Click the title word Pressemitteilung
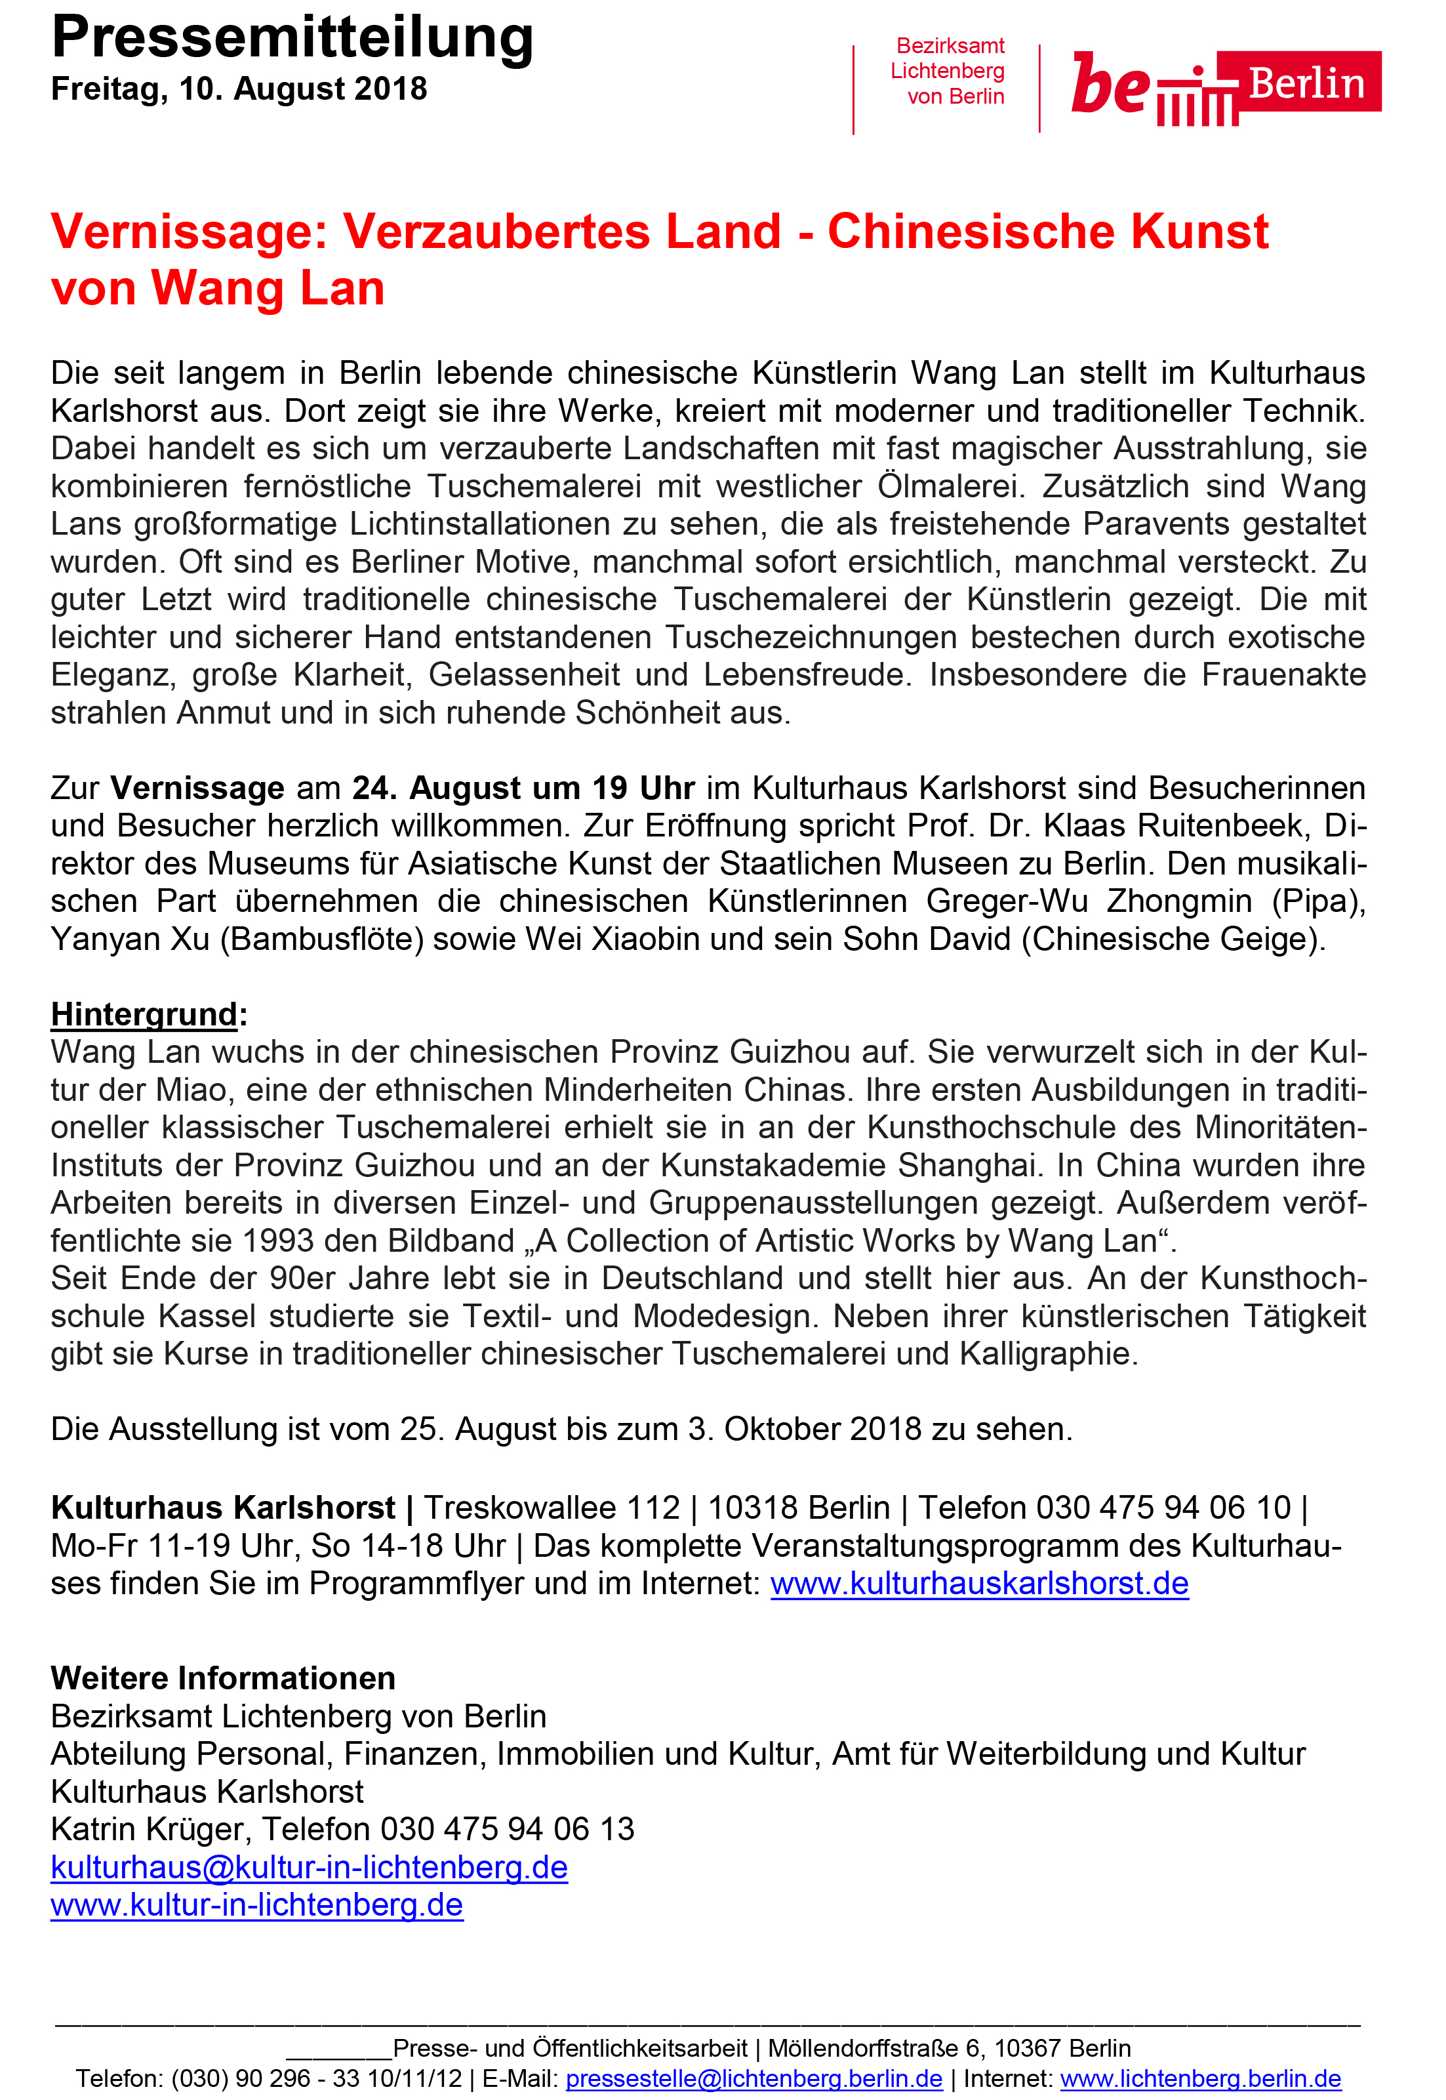pyautogui.click(x=292, y=38)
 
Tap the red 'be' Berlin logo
pyautogui.click(x=1225, y=86)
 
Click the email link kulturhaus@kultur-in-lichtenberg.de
pyautogui.click(x=309, y=1867)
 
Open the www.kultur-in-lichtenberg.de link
pyautogui.click(x=256, y=1905)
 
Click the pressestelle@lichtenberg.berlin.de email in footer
pyautogui.click(x=753, y=2078)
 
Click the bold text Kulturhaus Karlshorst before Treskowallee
pyautogui.click(x=223, y=1507)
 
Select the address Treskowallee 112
pyautogui.click(x=552, y=1507)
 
